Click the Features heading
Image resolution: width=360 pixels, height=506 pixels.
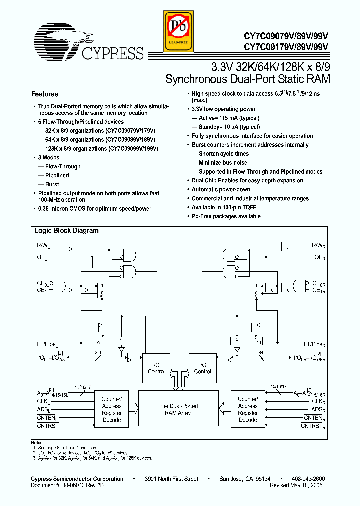tap(45, 94)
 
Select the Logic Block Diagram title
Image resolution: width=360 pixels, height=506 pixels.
tap(66, 231)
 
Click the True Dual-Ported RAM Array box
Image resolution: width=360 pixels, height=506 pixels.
tap(177, 409)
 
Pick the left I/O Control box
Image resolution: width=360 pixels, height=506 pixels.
tap(156, 368)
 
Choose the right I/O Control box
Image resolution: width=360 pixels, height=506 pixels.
tap(202, 368)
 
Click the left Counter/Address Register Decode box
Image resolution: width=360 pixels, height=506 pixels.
tap(111, 409)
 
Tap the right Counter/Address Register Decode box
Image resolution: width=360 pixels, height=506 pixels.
tap(248, 409)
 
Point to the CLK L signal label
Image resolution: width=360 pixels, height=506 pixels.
tap(44, 401)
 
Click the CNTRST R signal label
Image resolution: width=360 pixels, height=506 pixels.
tap(313, 427)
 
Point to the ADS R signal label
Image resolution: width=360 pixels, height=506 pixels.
tap(318, 410)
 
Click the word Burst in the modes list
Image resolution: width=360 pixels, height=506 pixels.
tap(52, 184)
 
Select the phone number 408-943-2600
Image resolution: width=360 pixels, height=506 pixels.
tap(305, 479)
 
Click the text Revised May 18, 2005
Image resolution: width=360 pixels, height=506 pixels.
tap(296, 485)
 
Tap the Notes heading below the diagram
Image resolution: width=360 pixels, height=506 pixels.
tap(38, 443)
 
